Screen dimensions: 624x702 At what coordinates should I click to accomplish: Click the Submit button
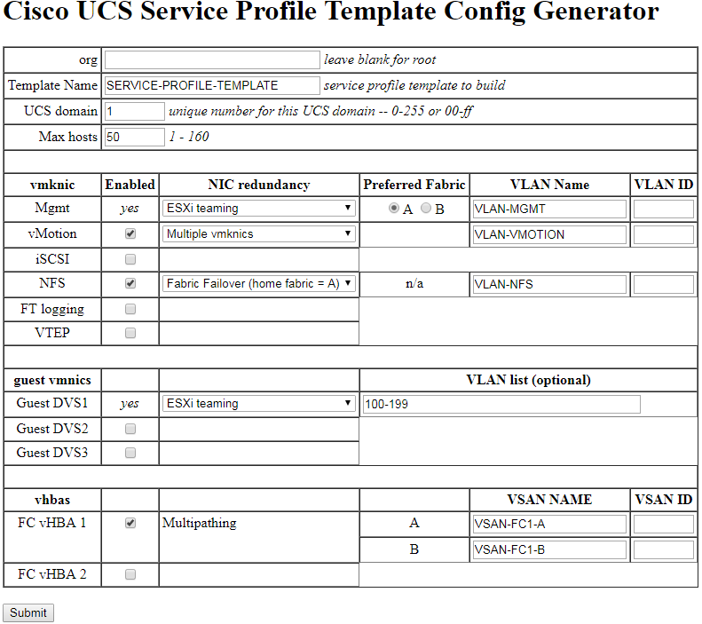[x=28, y=612]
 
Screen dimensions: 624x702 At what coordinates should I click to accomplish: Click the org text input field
[x=211, y=59]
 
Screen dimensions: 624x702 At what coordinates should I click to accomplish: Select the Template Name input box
[x=211, y=85]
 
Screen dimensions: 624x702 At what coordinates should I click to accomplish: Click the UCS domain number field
[x=134, y=111]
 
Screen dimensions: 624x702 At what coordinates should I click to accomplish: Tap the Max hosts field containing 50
[x=134, y=137]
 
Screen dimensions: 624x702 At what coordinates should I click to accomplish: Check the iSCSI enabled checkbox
[x=130, y=259]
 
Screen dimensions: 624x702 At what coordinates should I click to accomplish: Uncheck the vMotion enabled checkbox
[x=130, y=234]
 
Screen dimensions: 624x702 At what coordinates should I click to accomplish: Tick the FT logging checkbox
[x=130, y=309]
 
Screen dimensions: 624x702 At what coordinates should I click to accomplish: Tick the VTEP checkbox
[x=130, y=333]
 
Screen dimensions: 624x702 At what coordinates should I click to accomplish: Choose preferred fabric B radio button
[x=426, y=209]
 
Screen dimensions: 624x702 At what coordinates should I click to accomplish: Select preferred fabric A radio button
[x=394, y=209]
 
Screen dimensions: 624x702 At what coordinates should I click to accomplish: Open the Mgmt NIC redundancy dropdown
[x=259, y=209]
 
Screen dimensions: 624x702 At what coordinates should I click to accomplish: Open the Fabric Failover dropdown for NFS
[x=259, y=284]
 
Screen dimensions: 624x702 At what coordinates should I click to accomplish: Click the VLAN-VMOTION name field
[x=549, y=234]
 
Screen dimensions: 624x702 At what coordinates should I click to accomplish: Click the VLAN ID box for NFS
[x=663, y=284]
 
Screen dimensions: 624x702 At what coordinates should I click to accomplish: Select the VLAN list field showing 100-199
[x=501, y=404]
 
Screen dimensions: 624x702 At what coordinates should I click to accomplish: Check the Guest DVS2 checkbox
[x=130, y=429]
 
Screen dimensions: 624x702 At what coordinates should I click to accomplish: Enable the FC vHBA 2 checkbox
[x=130, y=574]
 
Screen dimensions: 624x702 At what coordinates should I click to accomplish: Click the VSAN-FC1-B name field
[x=549, y=549]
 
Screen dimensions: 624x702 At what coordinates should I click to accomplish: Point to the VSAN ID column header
[x=663, y=500]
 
